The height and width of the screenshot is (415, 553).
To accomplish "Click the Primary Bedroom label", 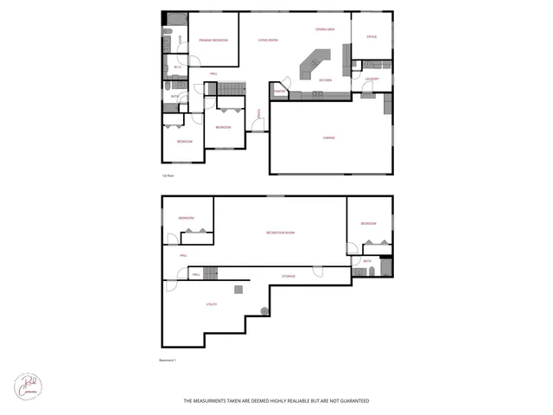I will (212, 41).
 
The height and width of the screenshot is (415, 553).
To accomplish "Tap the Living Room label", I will (268, 41).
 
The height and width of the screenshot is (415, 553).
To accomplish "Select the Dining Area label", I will (325, 30).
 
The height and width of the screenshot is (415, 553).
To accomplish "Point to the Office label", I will (372, 37).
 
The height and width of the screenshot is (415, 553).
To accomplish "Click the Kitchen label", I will (326, 80).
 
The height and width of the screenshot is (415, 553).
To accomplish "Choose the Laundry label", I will (372, 80).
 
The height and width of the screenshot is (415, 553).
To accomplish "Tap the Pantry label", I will (280, 91).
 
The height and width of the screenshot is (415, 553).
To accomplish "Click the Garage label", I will (329, 137).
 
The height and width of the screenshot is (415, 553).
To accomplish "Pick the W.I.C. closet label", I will (177, 67).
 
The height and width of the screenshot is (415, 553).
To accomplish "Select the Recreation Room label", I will (280, 233).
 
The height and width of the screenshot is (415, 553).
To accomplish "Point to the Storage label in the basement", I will (289, 276).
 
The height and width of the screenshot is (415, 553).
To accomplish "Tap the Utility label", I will (211, 304).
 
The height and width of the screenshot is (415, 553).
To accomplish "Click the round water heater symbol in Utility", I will (265, 311).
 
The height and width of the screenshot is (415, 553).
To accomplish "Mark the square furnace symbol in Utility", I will (238, 289).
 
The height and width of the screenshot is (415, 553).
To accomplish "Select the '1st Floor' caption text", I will (168, 176).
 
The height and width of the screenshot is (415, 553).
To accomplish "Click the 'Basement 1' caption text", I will (168, 361).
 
